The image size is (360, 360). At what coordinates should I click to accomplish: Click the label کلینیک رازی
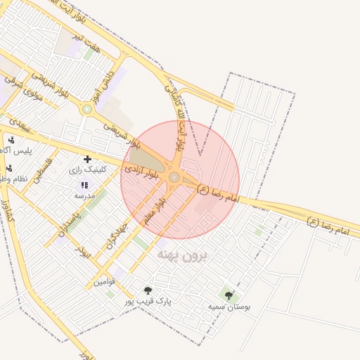[x=88, y=170]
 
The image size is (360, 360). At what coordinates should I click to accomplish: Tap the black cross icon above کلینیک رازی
[x=87, y=160]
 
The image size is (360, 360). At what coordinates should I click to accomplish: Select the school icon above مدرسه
[x=84, y=185]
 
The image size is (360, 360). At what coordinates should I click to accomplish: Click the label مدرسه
[x=84, y=195]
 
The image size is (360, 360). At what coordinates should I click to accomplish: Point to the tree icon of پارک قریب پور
[x=148, y=290]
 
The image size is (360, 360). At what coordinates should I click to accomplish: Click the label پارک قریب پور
[x=148, y=301]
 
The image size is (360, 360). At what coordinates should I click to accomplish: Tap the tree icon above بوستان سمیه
[x=227, y=295]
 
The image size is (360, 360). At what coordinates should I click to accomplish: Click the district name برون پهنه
[x=183, y=254]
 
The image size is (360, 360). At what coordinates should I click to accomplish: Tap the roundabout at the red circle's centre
[x=174, y=177]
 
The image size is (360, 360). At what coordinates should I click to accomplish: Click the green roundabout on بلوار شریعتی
[x=87, y=109]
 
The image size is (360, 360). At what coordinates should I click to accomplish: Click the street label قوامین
[x=104, y=282]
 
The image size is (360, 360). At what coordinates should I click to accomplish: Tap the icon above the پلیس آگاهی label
[x=11, y=140]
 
